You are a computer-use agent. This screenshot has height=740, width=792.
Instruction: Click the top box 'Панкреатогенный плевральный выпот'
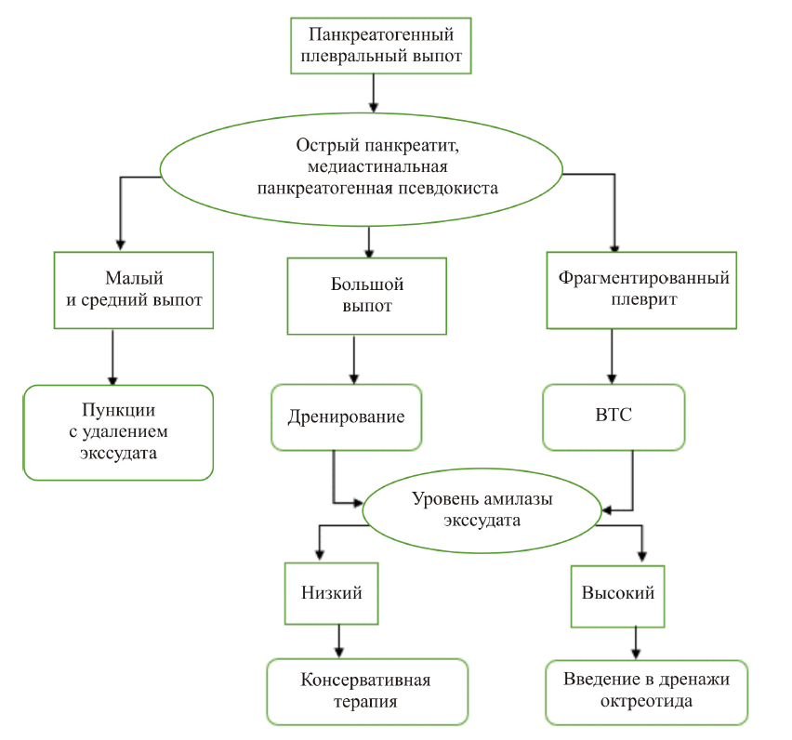(x=372, y=46)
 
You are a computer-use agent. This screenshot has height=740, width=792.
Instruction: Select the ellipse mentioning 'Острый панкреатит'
(x=362, y=167)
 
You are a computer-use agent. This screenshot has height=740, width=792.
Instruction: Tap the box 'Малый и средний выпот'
(x=135, y=289)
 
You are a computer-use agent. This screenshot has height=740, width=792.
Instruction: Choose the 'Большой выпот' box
(x=367, y=295)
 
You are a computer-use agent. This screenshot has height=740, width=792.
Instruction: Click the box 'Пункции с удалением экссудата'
(x=118, y=432)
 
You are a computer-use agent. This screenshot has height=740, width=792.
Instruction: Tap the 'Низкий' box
(x=332, y=593)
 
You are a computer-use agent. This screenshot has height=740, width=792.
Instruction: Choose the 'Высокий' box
(x=618, y=593)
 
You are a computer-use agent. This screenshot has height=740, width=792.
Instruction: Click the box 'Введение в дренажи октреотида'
(x=646, y=691)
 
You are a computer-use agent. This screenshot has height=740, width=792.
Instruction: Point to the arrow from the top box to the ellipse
(x=373, y=93)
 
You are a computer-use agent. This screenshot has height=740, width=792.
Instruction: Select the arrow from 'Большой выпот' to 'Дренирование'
(x=353, y=359)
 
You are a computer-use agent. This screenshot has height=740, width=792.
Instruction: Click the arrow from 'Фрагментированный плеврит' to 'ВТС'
(x=612, y=355)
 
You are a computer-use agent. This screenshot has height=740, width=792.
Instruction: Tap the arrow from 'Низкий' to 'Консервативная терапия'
(x=338, y=641)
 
